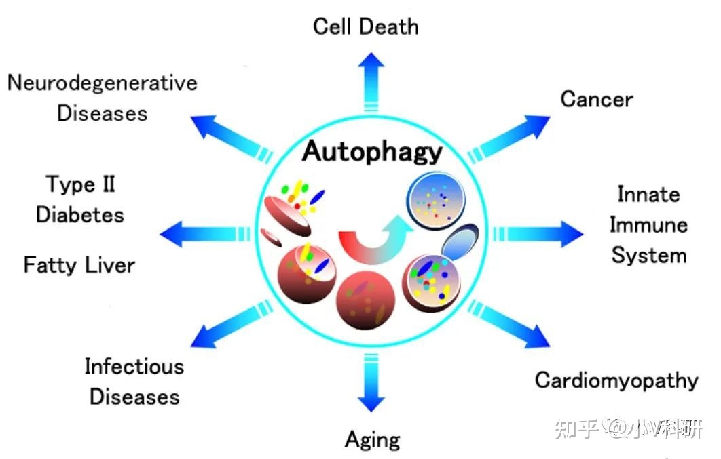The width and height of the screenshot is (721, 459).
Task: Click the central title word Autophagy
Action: pyautogui.click(x=371, y=152)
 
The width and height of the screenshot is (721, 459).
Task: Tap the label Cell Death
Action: pyautogui.click(x=365, y=26)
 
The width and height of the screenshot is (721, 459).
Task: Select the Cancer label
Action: pyautogui.click(x=596, y=99)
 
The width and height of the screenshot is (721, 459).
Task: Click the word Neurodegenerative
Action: pyautogui.click(x=102, y=83)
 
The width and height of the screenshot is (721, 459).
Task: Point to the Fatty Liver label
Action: pyautogui.click(x=79, y=264)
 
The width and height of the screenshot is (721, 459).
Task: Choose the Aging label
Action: pyautogui.click(x=372, y=439)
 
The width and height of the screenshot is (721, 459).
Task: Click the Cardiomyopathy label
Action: pyautogui.click(x=616, y=380)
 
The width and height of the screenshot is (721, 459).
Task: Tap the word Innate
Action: pyautogui.click(x=648, y=195)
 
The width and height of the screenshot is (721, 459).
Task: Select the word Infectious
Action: pyautogui.click(x=134, y=367)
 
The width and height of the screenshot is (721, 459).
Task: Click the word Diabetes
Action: pyautogui.click(x=79, y=215)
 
